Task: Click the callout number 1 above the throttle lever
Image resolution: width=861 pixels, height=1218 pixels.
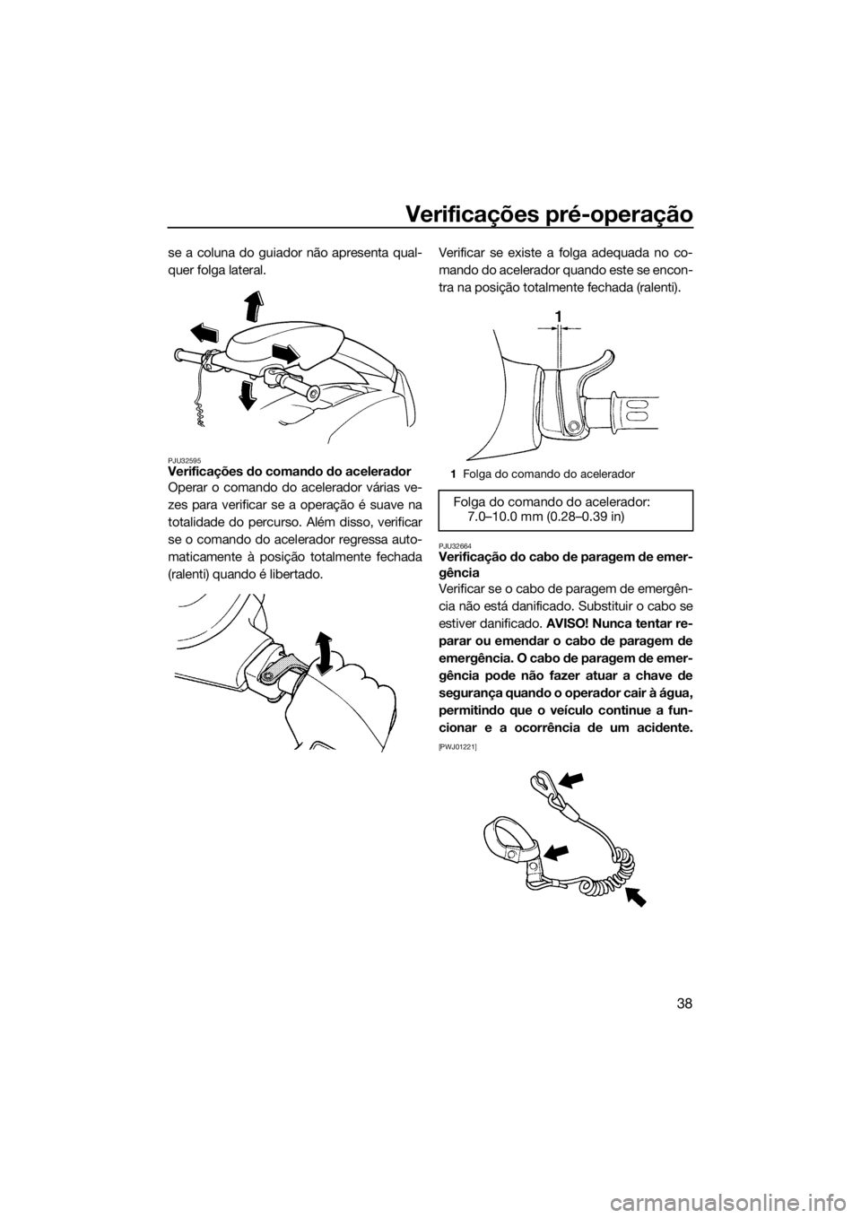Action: tap(559, 316)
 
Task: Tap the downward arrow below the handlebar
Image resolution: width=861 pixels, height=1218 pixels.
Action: tap(248, 395)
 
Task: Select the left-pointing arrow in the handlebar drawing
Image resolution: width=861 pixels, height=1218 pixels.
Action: tap(204, 333)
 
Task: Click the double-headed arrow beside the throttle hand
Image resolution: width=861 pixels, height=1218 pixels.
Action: tap(324, 652)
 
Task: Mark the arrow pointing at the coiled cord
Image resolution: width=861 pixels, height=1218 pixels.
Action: tap(637, 894)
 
